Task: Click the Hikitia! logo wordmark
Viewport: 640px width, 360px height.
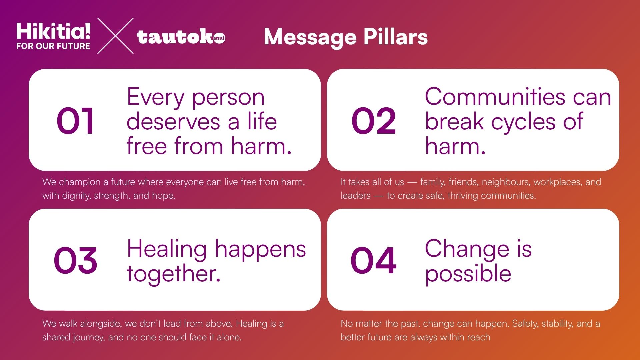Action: [53, 31]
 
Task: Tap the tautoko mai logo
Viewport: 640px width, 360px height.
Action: [181, 37]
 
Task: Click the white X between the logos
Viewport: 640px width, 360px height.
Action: [115, 36]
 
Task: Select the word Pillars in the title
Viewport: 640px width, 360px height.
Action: [395, 37]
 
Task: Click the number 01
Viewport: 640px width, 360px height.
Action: [75, 121]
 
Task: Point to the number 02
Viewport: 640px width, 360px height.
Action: [374, 121]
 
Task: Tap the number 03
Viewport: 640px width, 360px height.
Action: [76, 260]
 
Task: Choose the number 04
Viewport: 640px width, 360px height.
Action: [374, 260]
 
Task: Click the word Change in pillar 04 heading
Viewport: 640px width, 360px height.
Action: [467, 249]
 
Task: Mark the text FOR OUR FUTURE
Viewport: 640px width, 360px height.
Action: [53, 46]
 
